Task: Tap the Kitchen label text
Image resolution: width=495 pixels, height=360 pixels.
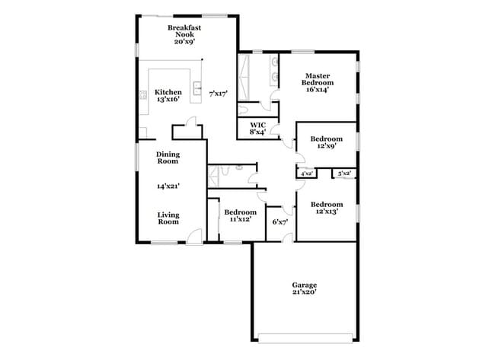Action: pos(168,92)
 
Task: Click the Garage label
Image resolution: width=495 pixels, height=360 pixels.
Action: pos(304,285)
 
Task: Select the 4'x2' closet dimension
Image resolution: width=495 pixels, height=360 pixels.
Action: pos(307,174)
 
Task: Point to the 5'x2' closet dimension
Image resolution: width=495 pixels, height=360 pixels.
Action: pos(344,174)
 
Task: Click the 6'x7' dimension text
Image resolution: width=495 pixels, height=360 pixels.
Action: pos(280,222)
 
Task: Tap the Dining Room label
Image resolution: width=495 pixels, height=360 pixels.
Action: pos(168,158)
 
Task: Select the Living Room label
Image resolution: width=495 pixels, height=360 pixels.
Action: pos(168,218)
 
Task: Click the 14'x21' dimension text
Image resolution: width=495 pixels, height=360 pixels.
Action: pos(168,186)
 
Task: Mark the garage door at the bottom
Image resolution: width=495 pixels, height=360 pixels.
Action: pos(304,336)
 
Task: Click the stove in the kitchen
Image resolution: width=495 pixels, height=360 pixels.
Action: pos(142,96)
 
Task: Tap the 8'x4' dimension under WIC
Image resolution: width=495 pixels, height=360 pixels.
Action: pos(257,132)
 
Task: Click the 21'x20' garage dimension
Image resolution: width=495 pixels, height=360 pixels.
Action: pos(304,292)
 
